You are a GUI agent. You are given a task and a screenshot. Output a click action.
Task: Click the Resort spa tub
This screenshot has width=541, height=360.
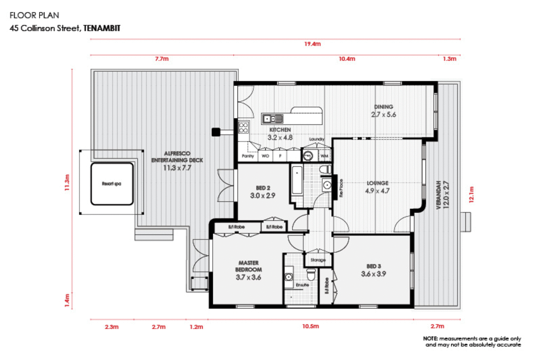point(112,184)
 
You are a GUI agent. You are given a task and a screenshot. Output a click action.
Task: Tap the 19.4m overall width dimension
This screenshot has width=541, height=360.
point(312,44)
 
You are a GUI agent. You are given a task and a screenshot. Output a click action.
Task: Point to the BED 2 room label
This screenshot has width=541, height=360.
point(263,192)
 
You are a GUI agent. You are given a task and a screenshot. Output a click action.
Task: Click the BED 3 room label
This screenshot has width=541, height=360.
point(373,270)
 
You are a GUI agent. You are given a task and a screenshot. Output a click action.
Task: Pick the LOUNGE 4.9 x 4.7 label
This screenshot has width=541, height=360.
point(377,187)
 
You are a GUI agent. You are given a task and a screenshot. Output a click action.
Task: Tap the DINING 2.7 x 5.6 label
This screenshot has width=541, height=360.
point(383,111)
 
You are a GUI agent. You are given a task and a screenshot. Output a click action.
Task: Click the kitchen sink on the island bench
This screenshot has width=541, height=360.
point(273,119)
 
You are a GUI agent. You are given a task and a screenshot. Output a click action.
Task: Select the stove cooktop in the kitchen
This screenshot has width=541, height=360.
point(243,128)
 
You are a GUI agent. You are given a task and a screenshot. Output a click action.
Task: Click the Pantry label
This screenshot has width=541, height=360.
point(248,156)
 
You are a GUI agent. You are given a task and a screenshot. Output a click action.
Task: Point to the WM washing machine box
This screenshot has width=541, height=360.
point(324,156)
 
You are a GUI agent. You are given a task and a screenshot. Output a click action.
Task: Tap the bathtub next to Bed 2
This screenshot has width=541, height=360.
point(297,180)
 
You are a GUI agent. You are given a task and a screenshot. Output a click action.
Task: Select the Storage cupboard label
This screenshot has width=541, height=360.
point(318,260)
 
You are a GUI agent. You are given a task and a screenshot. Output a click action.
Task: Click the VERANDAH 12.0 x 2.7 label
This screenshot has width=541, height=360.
point(442,195)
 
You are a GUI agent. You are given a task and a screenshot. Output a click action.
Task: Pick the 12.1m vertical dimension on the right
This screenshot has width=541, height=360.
point(471,195)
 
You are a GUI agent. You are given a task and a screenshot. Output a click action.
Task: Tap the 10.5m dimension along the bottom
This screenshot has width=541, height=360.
point(310,326)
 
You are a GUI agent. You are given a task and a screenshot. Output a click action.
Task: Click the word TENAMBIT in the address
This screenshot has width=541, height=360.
point(102,28)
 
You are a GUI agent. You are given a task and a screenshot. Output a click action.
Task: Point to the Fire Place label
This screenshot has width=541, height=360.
point(341,188)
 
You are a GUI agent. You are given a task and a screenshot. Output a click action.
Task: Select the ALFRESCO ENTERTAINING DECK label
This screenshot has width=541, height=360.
point(177,160)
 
